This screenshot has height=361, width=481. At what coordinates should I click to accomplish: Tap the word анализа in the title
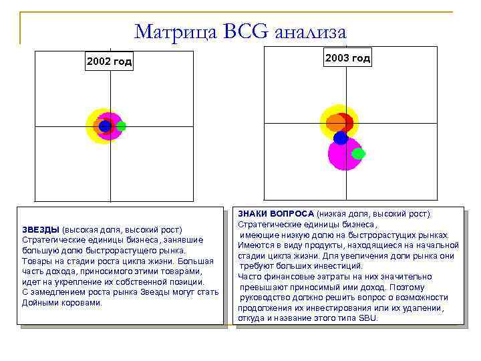[x=311, y=31]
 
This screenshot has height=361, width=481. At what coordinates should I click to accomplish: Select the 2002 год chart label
[x=109, y=62]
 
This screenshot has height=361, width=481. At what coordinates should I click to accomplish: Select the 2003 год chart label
[x=347, y=58]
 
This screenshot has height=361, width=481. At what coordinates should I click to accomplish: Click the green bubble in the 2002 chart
[x=121, y=126]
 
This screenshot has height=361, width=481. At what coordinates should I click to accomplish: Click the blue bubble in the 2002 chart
[x=104, y=126]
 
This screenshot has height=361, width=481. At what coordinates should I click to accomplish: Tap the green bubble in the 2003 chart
[x=358, y=153]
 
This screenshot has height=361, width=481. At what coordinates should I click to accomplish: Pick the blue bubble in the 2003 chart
[x=341, y=138]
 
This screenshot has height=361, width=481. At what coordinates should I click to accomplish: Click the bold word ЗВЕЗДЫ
[x=40, y=229]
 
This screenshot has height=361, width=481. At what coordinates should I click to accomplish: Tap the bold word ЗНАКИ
[x=251, y=213]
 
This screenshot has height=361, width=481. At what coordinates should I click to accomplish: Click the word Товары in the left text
[x=37, y=261]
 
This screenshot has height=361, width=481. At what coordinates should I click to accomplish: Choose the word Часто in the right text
[x=250, y=276]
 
